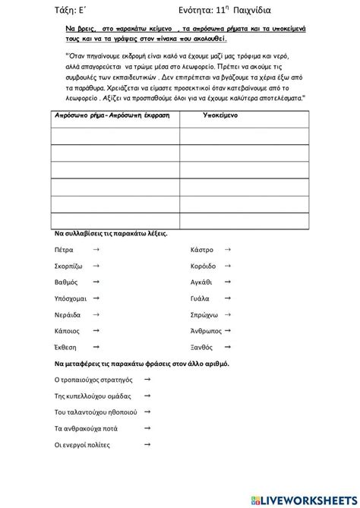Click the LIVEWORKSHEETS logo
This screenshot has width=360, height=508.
[x=303, y=498]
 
